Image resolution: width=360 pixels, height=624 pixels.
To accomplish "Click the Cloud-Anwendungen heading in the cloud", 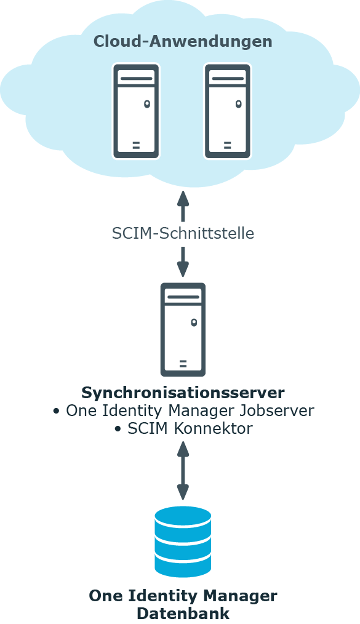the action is click(183, 41).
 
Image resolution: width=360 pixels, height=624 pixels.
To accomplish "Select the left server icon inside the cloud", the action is click(136, 111).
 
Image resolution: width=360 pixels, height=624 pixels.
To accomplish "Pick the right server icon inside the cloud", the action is click(228, 111).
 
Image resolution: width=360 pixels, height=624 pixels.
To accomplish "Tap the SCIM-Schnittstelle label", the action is click(183, 233).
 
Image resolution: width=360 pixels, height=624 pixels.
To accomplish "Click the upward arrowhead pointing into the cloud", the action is click(183, 198).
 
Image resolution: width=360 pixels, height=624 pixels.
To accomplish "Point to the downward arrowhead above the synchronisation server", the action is click(183, 270).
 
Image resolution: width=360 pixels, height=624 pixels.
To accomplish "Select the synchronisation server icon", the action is click(183, 329).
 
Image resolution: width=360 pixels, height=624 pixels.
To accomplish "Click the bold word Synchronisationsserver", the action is click(183, 393).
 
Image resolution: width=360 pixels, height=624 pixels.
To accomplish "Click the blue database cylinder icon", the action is click(183, 542).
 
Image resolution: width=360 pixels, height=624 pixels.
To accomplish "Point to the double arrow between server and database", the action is click(183, 470).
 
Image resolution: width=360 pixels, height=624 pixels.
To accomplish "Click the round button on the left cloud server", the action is click(147, 104).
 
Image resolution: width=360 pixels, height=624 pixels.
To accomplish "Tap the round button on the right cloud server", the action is click(238, 104).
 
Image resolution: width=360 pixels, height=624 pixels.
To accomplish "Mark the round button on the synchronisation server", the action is click(194, 322).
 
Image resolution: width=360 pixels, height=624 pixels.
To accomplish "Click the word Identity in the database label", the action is click(162, 596).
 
